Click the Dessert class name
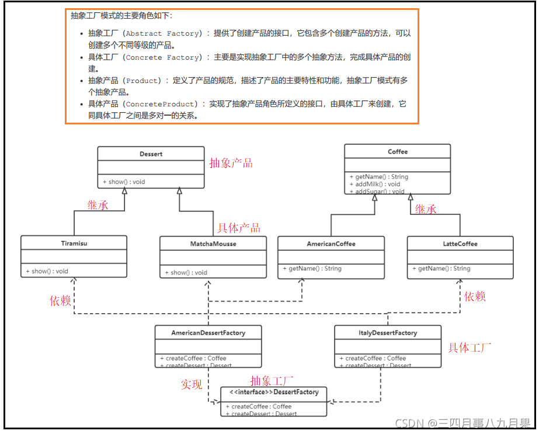click(x=151, y=154)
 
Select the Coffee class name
click(x=398, y=152)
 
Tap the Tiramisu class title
click(x=74, y=244)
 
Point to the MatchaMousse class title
click(x=213, y=244)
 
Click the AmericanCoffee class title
click(x=331, y=244)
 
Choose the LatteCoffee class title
click(x=460, y=244)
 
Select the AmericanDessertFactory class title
click(x=208, y=333)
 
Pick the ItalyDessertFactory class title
click(x=388, y=333)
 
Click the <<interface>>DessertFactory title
click(x=274, y=393)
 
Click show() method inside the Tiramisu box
click(x=47, y=271)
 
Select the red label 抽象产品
click(x=231, y=164)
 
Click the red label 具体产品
click(x=239, y=228)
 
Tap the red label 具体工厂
click(x=470, y=348)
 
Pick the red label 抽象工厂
click(x=272, y=380)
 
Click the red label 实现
click(x=191, y=384)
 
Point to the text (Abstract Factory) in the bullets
click(x=163, y=34)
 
